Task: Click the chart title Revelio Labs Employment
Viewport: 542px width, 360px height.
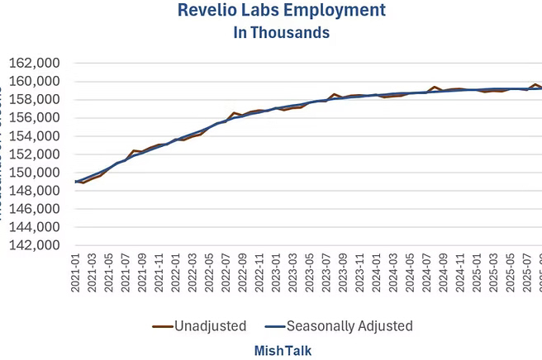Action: [x=269, y=11]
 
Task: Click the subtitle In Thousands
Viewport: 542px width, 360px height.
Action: [x=269, y=33]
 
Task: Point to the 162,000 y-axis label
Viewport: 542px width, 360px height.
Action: [x=34, y=64]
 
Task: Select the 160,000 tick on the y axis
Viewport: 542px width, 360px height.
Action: [x=34, y=82]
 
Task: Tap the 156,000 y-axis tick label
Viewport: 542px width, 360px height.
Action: [x=34, y=118]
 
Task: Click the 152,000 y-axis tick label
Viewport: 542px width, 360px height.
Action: [x=34, y=154]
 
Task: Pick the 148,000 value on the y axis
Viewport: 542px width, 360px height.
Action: [x=34, y=191]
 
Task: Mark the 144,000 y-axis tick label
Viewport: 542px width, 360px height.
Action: [x=34, y=227]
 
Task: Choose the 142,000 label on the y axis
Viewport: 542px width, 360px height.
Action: [x=34, y=245]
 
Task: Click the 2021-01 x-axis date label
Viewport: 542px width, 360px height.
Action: [x=76, y=276]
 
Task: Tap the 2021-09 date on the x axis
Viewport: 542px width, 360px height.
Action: [x=143, y=276]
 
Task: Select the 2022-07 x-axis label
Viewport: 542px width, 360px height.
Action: [x=226, y=276]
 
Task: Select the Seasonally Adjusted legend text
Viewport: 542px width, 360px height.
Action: [x=350, y=326]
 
